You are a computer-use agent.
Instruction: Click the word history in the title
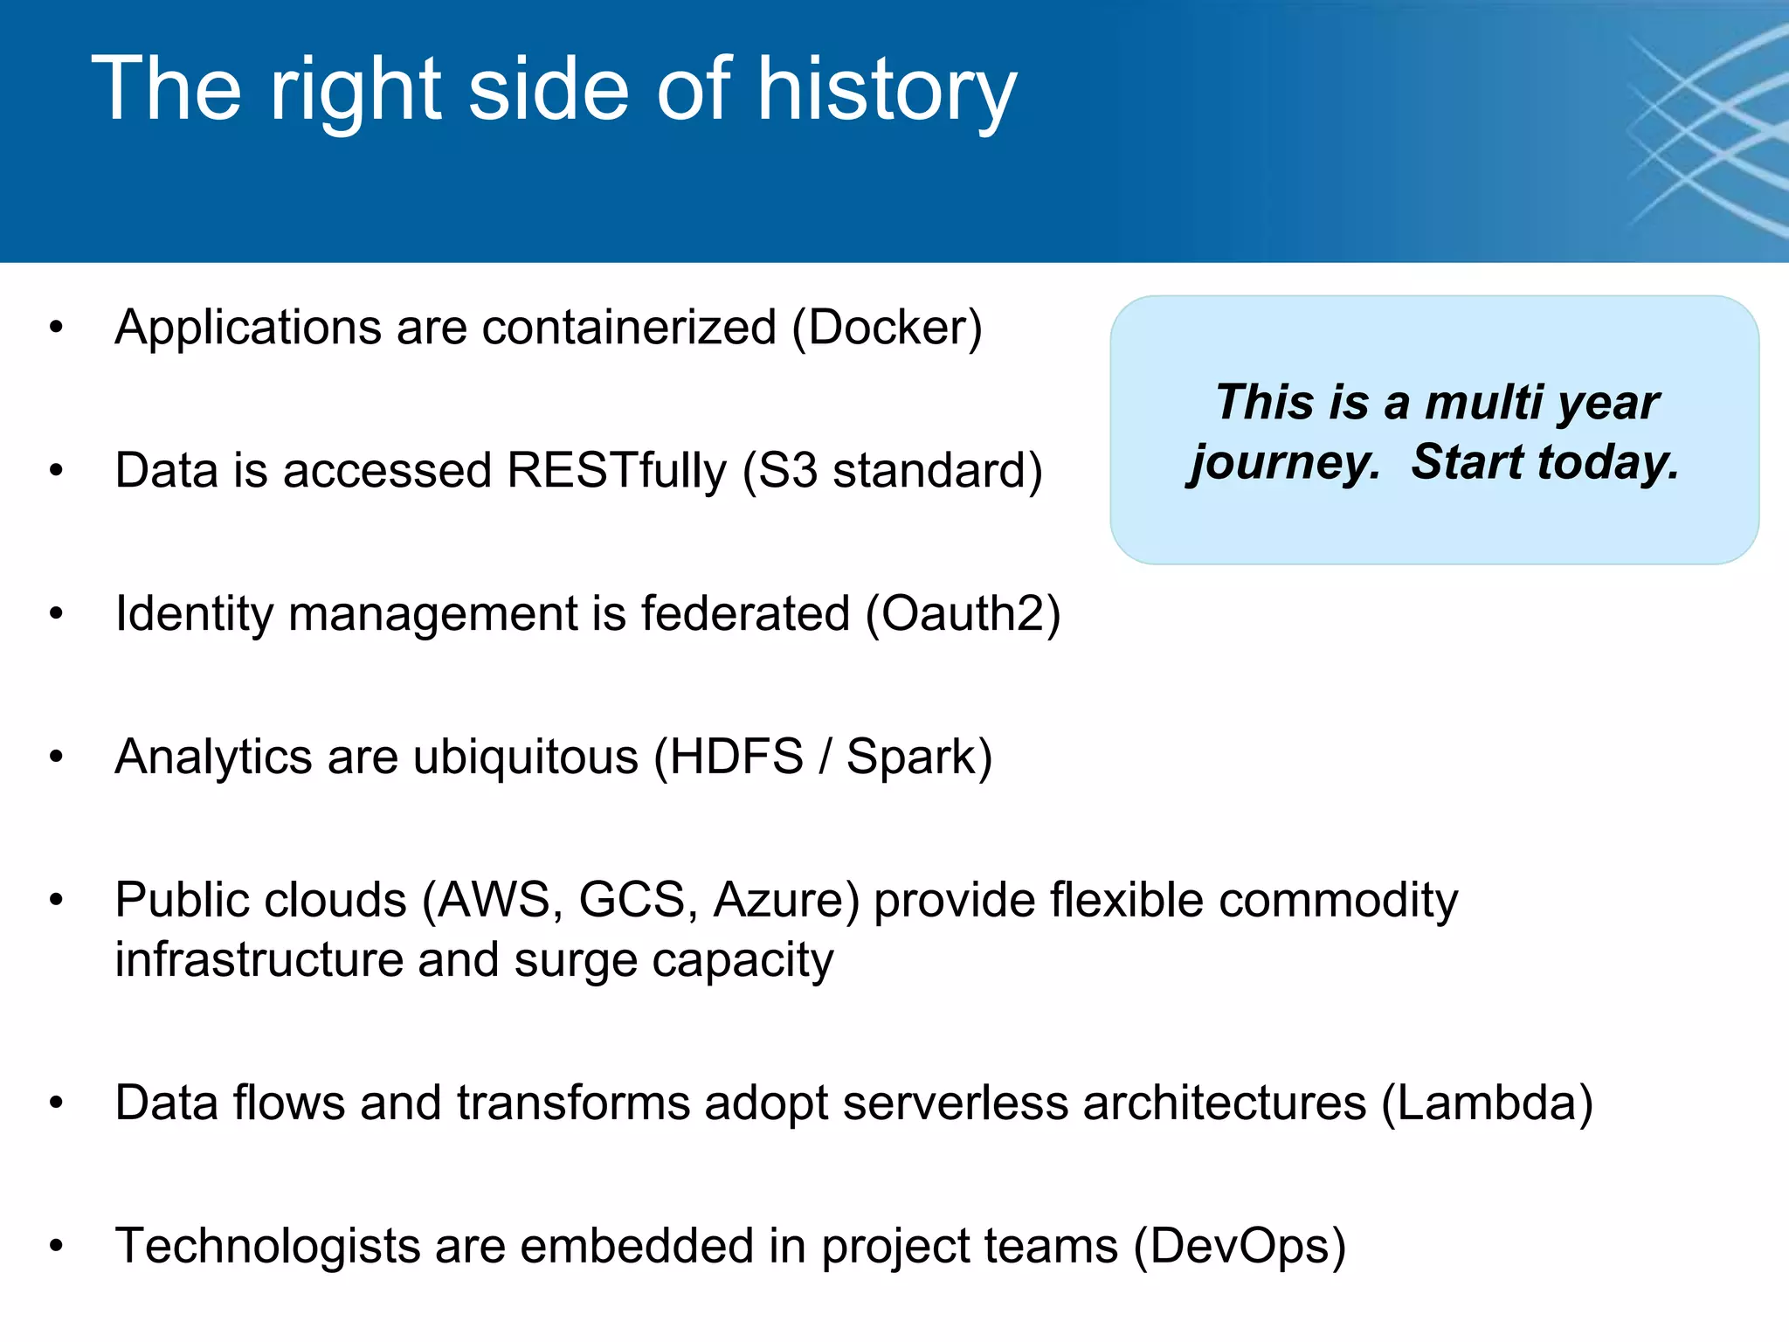pos(886,91)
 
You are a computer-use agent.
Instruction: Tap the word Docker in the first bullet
pos(888,329)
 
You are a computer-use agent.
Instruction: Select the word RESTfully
pos(616,472)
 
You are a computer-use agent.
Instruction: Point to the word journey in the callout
pos(1284,463)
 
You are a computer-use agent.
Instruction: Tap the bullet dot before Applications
pos(57,329)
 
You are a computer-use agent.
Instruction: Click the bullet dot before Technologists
pos(57,1246)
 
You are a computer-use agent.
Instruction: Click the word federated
pos(744,614)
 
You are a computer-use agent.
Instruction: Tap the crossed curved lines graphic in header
pos(1703,131)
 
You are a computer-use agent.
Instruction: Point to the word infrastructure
pos(259,960)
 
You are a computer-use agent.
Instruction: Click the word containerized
pos(628,329)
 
